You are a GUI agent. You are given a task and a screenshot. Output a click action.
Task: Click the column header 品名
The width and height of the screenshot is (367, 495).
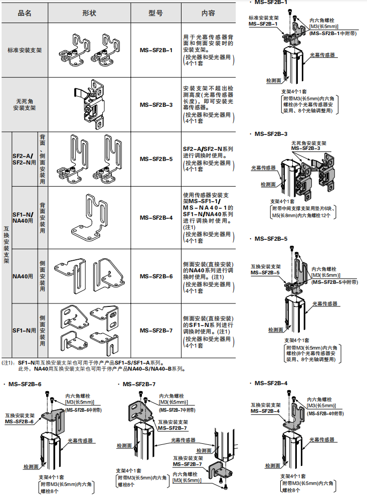click(x=24, y=13)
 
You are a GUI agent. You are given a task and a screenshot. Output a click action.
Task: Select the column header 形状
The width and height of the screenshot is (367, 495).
click(x=89, y=13)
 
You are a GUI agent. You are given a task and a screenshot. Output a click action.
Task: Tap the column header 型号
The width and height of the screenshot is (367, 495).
click(x=156, y=13)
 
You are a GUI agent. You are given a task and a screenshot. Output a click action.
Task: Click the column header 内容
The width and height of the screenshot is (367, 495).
click(x=208, y=13)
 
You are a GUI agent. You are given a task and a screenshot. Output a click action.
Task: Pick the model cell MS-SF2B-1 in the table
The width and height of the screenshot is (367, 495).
click(x=156, y=51)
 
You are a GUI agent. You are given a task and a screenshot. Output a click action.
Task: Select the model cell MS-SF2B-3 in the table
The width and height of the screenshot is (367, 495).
click(x=156, y=105)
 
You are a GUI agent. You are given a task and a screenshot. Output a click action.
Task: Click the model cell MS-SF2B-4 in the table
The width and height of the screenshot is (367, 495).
click(x=156, y=218)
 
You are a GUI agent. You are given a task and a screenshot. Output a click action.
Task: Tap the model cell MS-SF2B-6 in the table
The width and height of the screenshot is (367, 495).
click(x=156, y=276)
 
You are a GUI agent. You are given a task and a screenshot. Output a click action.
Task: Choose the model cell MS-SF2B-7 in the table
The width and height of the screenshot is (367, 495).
click(x=156, y=331)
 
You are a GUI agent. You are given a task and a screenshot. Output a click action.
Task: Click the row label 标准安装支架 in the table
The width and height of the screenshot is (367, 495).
click(x=25, y=51)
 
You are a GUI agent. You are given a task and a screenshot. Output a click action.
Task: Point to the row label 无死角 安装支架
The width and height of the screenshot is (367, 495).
click(x=25, y=104)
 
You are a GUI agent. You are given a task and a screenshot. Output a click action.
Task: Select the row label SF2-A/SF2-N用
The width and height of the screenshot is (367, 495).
click(x=24, y=159)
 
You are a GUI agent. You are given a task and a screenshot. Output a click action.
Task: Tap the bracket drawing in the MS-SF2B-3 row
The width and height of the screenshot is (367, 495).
click(x=94, y=104)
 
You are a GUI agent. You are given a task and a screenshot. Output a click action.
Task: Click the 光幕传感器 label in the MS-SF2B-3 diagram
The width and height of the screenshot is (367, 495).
click(x=264, y=168)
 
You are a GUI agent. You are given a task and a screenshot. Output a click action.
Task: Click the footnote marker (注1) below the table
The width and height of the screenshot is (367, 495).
click(x=8, y=362)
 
